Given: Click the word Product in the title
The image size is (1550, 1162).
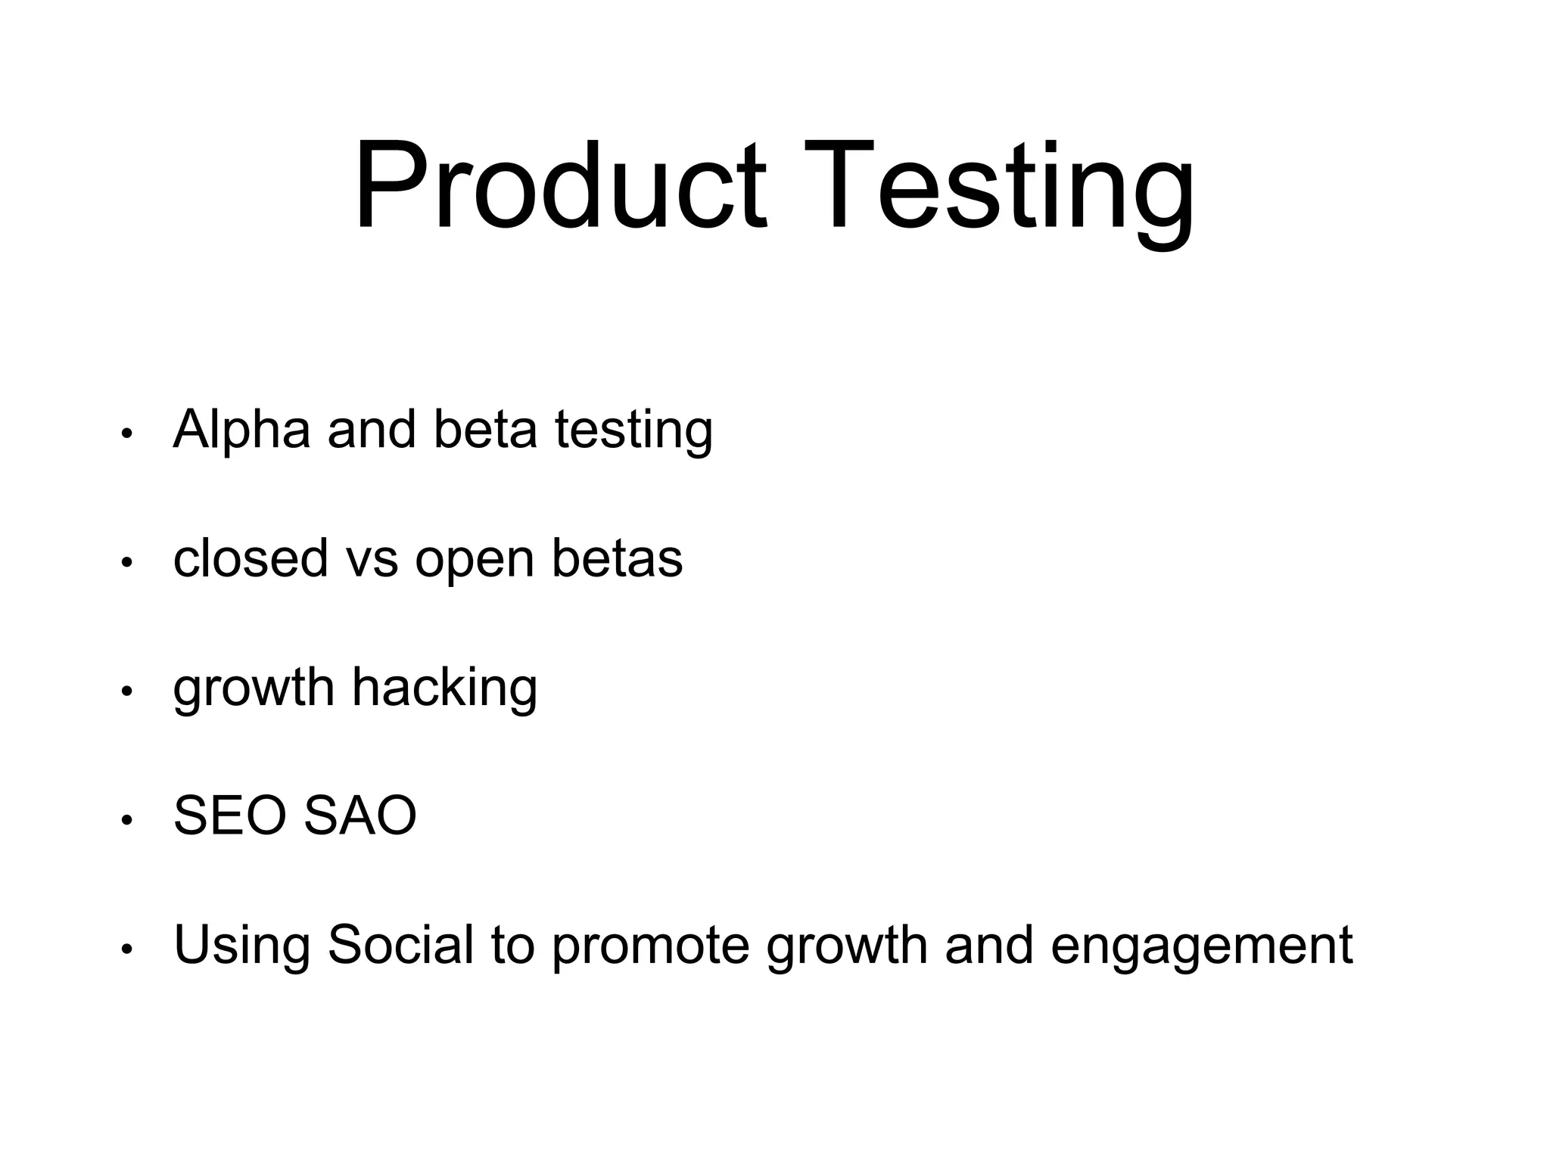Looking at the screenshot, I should [561, 185].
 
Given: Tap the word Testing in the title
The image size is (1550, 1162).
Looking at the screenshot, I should [998, 189].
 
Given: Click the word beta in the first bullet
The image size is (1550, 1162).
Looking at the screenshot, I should [485, 429].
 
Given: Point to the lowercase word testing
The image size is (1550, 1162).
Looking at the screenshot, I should [633, 431].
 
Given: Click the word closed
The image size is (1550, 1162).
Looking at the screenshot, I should [251, 558].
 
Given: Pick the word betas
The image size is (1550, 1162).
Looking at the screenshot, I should [617, 558].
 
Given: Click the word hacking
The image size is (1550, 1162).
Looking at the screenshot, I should [444, 688].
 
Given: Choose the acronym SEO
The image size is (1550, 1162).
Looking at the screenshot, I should [231, 816].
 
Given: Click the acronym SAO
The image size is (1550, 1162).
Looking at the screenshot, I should [359, 816].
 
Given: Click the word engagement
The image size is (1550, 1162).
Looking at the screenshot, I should [1201, 947].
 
